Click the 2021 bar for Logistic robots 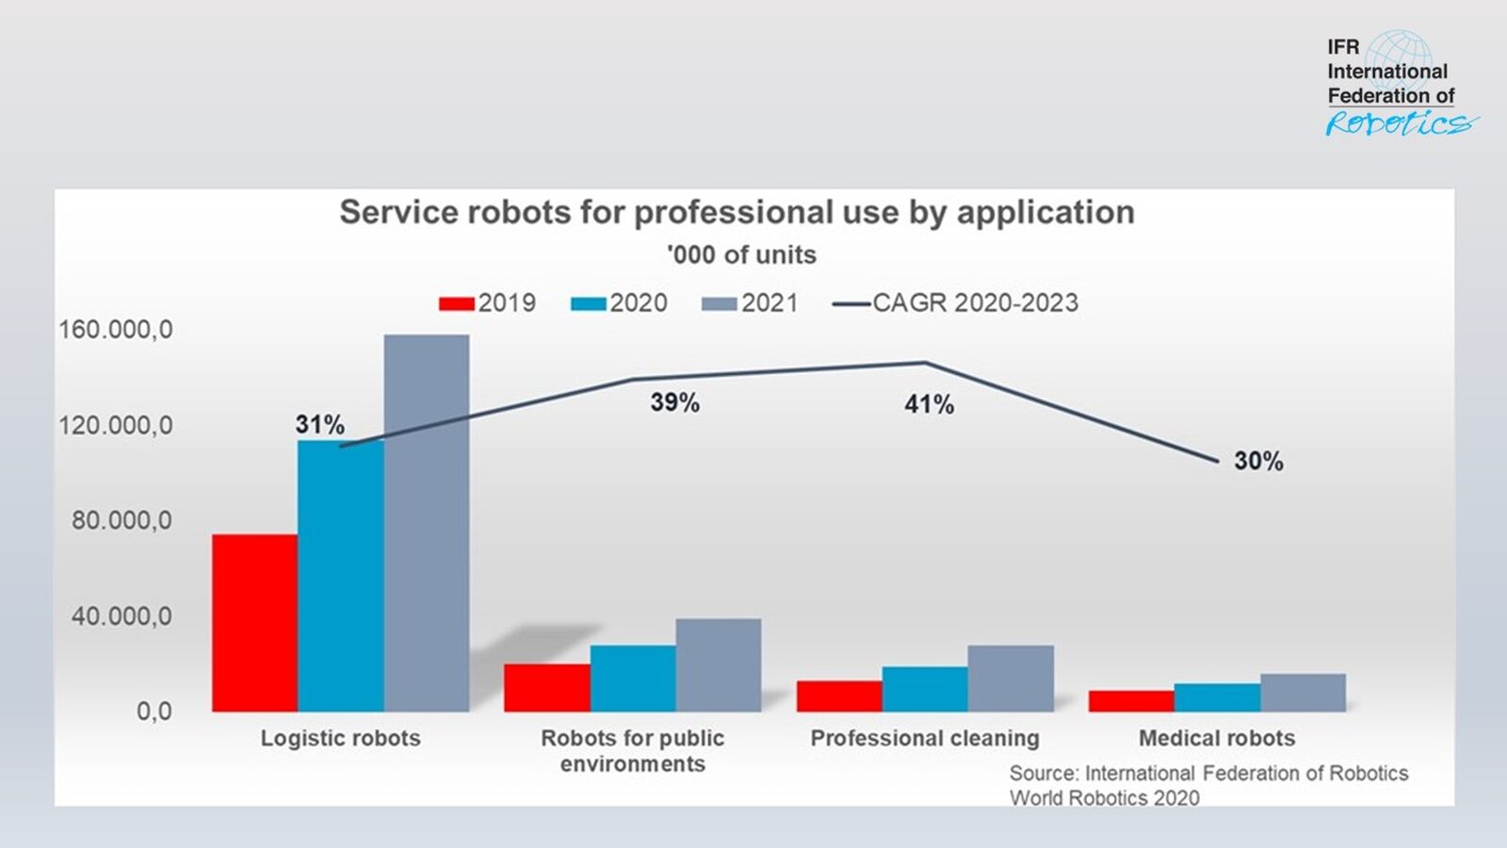click(x=426, y=523)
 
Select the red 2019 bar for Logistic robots click(x=254, y=622)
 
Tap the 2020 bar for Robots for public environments click(x=633, y=678)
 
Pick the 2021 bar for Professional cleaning click(x=1011, y=678)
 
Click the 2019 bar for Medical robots click(x=1131, y=701)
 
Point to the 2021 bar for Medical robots click(x=1303, y=693)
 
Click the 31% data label click(x=320, y=425)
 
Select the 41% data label click(x=929, y=404)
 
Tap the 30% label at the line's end click(x=1258, y=461)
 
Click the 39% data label click(x=674, y=402)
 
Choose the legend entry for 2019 click(x=488, y=303)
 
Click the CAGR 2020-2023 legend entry click(x=956, y=303)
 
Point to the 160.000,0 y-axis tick click(x=116, y=330)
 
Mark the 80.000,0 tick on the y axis click(x=122, y=520)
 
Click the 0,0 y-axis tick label click(x=154, y=711)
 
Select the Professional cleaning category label click(x=925, y=738)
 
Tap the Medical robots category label click(x=1217, y=738)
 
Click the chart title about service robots click(x=737, y=212)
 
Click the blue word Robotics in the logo click(x=1400, y=123)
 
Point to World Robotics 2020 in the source click(x=1104, y=798)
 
